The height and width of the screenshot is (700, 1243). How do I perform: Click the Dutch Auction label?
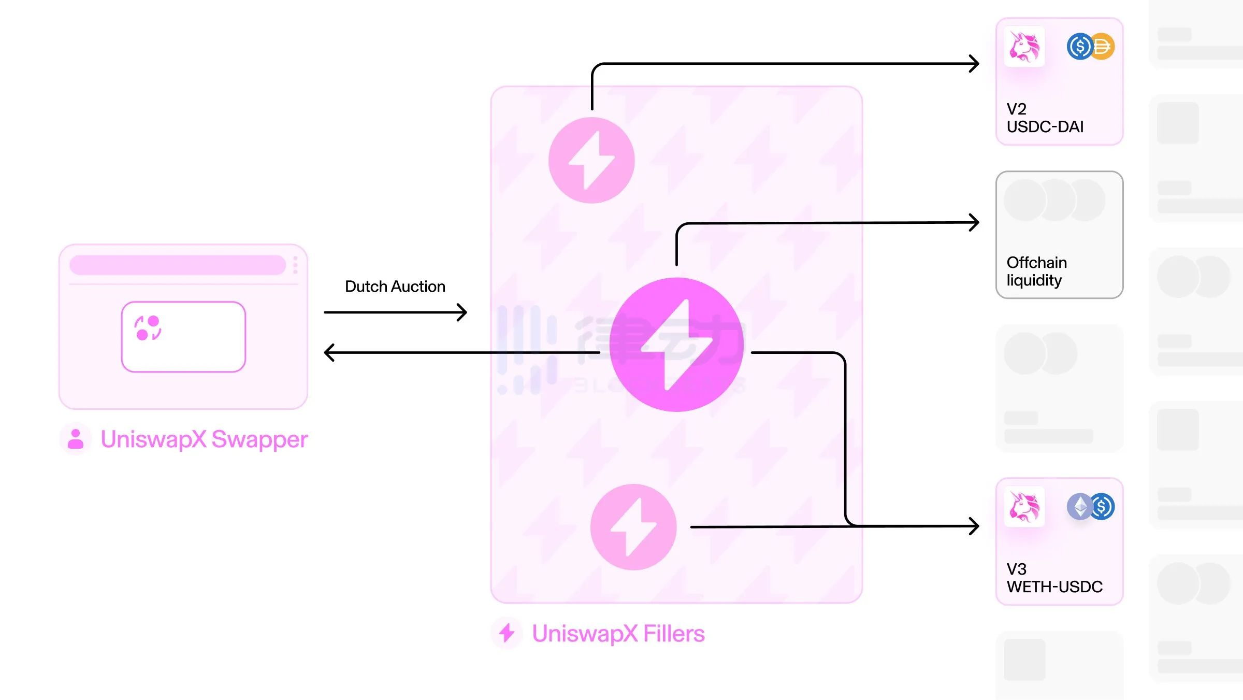coord(395,287)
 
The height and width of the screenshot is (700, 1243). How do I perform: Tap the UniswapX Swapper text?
coord(204,439)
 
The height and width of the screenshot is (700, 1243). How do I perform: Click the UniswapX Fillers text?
coord(618,634)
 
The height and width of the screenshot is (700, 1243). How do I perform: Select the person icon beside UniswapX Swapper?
coord(76,439)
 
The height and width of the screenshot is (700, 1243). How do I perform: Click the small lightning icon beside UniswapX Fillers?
coord(507,633)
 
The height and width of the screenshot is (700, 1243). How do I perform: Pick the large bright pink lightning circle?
coord(676,345)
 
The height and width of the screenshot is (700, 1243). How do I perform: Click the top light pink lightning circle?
coord(591,160)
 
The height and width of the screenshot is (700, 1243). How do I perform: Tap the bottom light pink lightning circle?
coord(633,527)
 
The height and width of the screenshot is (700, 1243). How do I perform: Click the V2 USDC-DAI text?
coord(1045,118)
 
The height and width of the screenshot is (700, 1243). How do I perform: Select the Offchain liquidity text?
coord(1036,271)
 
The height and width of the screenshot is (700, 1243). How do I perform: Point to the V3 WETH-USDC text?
coord(1054,578)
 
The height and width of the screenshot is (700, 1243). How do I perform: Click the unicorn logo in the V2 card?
coord(1024,47)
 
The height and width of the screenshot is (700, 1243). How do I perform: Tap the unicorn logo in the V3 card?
coord(1024,507)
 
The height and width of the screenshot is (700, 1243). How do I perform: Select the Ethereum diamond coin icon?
coord(1079,506)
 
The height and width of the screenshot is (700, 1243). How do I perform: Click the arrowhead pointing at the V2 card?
coord(974,64)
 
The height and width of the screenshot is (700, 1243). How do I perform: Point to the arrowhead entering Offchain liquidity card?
coord(974,222)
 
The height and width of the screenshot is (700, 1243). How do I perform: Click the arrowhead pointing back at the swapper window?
coord(329,352)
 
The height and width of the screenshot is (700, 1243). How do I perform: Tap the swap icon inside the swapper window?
coord(148,328)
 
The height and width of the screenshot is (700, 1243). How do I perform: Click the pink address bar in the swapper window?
coord(178,265)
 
